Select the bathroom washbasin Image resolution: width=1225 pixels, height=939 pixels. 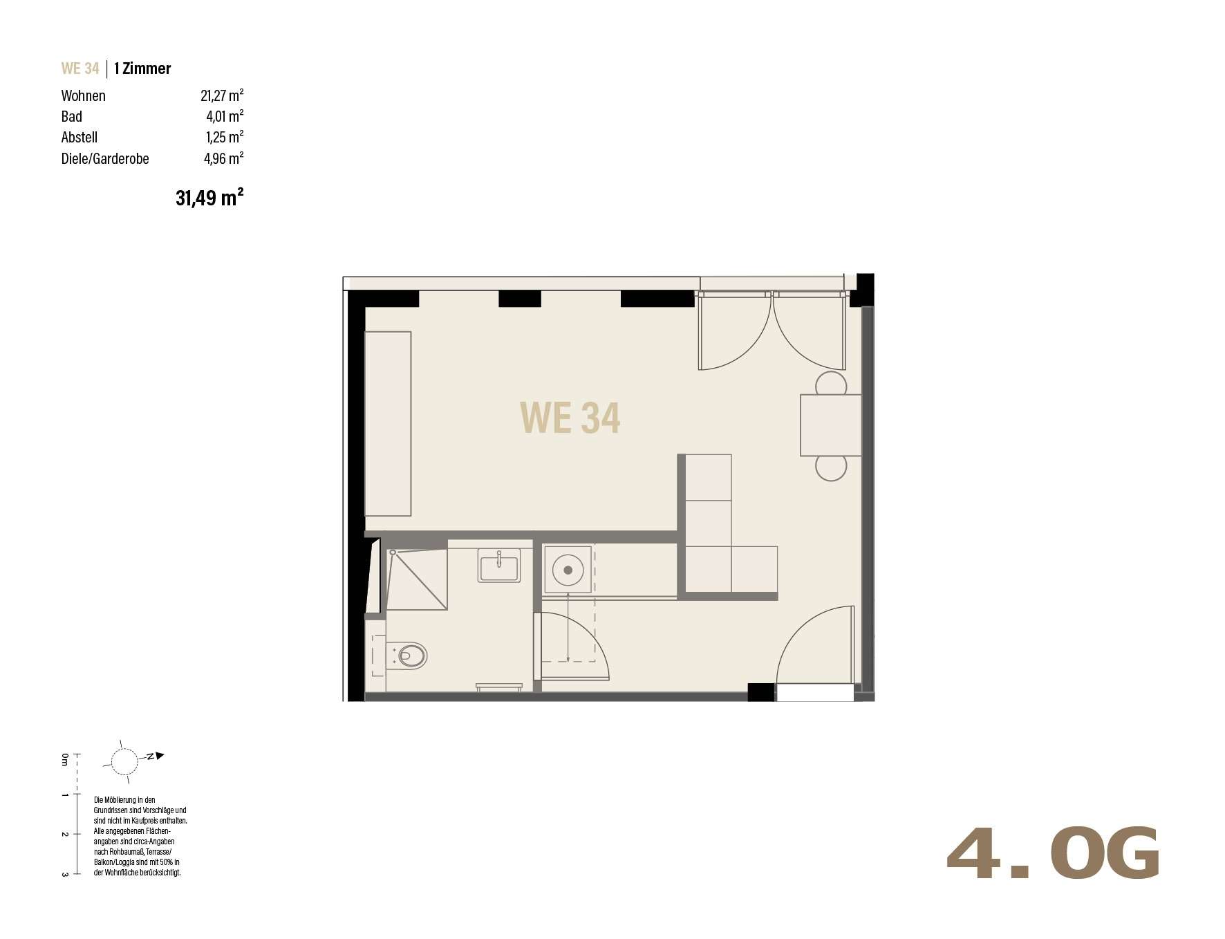point(498,566)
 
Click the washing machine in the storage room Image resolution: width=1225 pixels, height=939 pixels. point(568,570)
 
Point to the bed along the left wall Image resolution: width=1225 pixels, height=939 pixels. point(388,424)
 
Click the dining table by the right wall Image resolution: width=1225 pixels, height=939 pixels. point(831,425)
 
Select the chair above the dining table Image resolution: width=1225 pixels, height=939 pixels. point(831,384)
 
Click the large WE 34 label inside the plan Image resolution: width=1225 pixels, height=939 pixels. point(570,418)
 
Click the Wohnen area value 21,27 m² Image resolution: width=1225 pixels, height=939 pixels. point(222,95)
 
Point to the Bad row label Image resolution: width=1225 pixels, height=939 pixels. point(72,117)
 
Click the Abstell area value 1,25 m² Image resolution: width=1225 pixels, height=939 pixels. point(225,137)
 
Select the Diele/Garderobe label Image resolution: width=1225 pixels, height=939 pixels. point(105,158)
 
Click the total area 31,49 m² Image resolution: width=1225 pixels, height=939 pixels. point(209,198)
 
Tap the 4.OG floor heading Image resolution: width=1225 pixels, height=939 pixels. point(1052,854)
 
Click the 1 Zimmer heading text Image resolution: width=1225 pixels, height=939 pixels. point(142,68)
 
